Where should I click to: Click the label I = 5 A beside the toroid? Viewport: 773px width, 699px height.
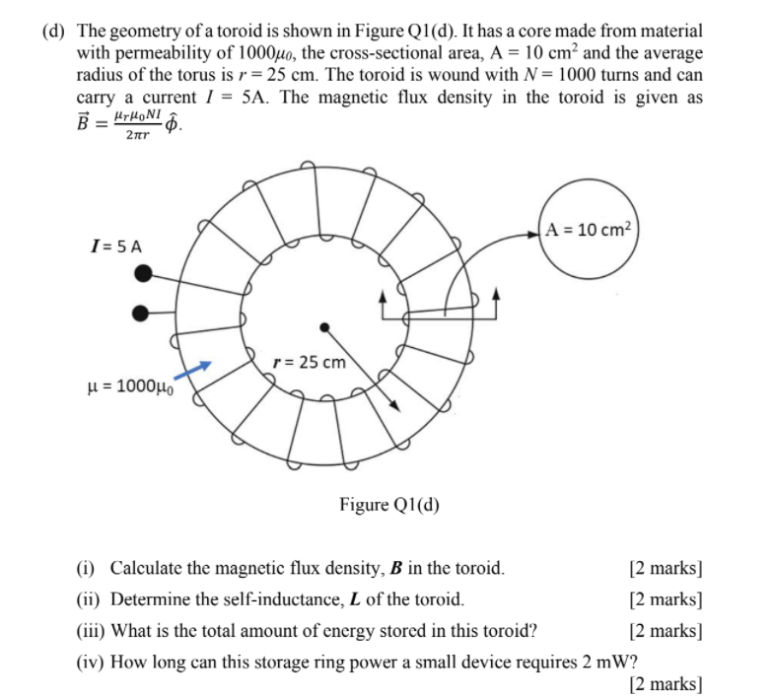click(114, 244)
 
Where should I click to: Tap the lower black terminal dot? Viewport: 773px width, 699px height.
click(140, 313)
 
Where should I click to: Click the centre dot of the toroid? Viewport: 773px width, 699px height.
click(323, 326)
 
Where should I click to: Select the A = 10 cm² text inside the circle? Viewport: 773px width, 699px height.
click(590, 232)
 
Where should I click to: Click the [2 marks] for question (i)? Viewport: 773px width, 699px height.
click(666, 568)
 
